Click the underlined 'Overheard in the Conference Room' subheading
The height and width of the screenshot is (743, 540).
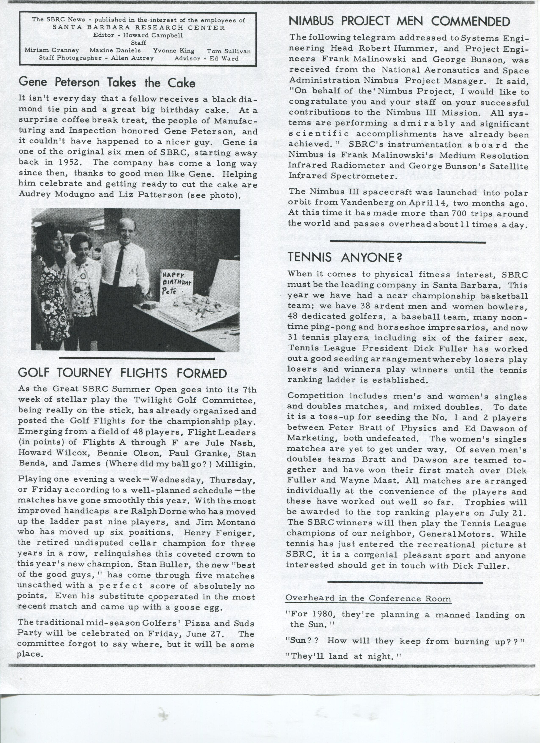pyautogui.click(x=368, y=598)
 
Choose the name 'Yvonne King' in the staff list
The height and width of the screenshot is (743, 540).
pyautogui.click(x=174, y=51)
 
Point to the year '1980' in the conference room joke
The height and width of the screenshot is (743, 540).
pyautogui.click(x=322, y=615)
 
